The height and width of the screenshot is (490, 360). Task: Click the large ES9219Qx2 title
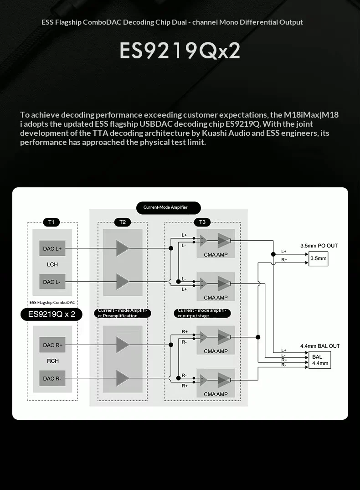pyautogui.click(x=180, y=50)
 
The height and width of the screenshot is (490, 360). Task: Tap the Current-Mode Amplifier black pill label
pyautogui.click(x=169, y=207)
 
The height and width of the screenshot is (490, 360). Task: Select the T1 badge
pyautogui.click(x=51, y=222)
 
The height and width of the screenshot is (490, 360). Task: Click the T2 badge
pyautogui.click(x=123, y=222)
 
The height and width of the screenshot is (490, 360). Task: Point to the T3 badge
pyautogui.click(x=202, y=222)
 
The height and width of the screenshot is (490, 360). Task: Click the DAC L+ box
pyautogui.click(x=52, y=248)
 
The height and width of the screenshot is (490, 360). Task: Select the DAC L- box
pyautogui.click(x=52, y=282)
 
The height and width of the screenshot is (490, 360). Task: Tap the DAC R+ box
pyautogui.click(x=52, y=345)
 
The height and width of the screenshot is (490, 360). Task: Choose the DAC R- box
pyautogui.click(x=52, y=378)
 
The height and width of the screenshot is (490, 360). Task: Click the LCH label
pyautogui.click(x=52, y=264)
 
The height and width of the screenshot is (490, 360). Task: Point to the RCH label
pyautogui.click(x=52, y=361)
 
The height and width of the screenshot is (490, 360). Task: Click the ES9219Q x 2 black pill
pyautogui.click(x=51, y=315)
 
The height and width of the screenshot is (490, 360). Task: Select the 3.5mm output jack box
pyautogui.click(x=319, y=258)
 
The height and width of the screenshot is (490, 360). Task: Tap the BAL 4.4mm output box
pyautogui.click(x=320, y=360)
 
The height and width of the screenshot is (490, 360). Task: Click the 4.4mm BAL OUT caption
pyautogui.click(x=320, y=346)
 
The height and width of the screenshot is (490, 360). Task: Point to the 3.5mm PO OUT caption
pyautogui.click(x=319, y=246)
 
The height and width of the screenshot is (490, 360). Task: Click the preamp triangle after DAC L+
pyautogui.click(x=123, y=248)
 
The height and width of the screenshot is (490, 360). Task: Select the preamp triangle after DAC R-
pyautogui.click(x=123, y=378)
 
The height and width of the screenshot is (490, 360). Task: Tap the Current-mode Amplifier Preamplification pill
pyautogui.click(x=123, y=313)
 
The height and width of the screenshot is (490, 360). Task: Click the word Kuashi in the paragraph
pyautogui.click(x=214, y=133)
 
